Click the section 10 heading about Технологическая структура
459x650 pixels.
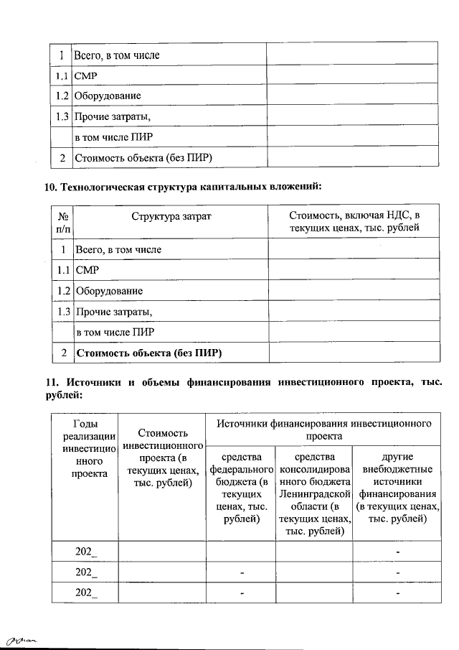pos(184,187)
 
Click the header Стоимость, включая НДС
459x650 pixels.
pos(354,222)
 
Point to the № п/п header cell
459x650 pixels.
pos(63,222)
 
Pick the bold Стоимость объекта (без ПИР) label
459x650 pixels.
pos(149,353)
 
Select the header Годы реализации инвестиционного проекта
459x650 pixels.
pos(85,449)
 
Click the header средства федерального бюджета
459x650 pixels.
pos(241,487)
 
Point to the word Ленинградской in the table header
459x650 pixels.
pos(314,495)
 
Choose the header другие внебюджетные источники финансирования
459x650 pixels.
pos(397,487)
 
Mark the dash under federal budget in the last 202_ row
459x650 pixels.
pos(242,593)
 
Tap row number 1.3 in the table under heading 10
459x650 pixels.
pos(62,312)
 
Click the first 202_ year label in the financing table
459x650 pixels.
pos(85,551)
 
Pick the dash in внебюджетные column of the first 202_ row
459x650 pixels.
pos(397,551)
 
